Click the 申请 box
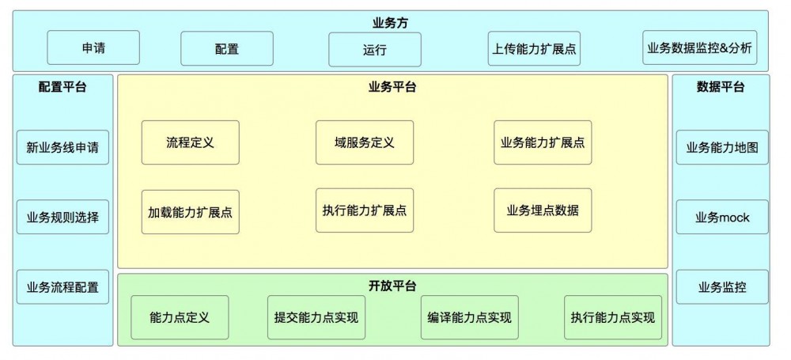(x=93, y=48)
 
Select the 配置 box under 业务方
(x=226, y=49)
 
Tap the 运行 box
(x=375, y=50)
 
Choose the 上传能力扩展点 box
(x=533, y=49)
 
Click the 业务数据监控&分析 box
(x=700, y=48)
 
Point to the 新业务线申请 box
(x=62, y=147)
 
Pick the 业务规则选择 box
(x=62, y=217)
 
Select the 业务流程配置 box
(x=62, y=286)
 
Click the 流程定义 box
(x=190, y=142)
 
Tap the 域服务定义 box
(x=364, y=142)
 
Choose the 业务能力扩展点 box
(x=543, y=142)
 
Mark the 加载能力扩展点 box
(x=190, y=212)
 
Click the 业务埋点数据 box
(x=543, y=210)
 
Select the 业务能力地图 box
(x=722, y=147)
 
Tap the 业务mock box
(x=722, y=217)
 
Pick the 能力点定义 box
(x=180, y=317)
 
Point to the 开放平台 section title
(x=392, y=285)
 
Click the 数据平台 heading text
(x=720, y=87)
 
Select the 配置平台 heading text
(x=62, y=87)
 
